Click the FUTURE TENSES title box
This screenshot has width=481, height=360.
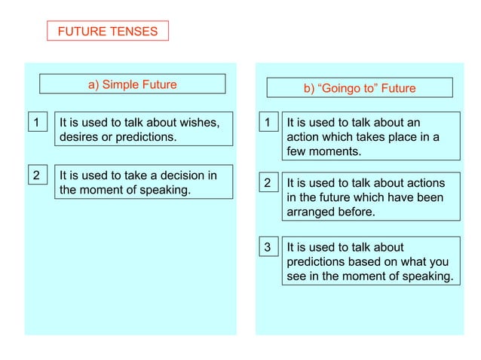point(108,31)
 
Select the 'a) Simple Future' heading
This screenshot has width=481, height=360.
point(132,84)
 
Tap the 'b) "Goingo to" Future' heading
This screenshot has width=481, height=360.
point(359,88)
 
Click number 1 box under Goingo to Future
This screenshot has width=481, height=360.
point(267,122)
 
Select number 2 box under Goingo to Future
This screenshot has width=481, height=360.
point(267,183)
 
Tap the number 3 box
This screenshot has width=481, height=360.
point(267,247)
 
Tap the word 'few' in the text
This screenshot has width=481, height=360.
point(296,151)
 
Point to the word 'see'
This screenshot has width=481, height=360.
point(297,276)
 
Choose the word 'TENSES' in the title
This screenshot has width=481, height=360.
point(132,31)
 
